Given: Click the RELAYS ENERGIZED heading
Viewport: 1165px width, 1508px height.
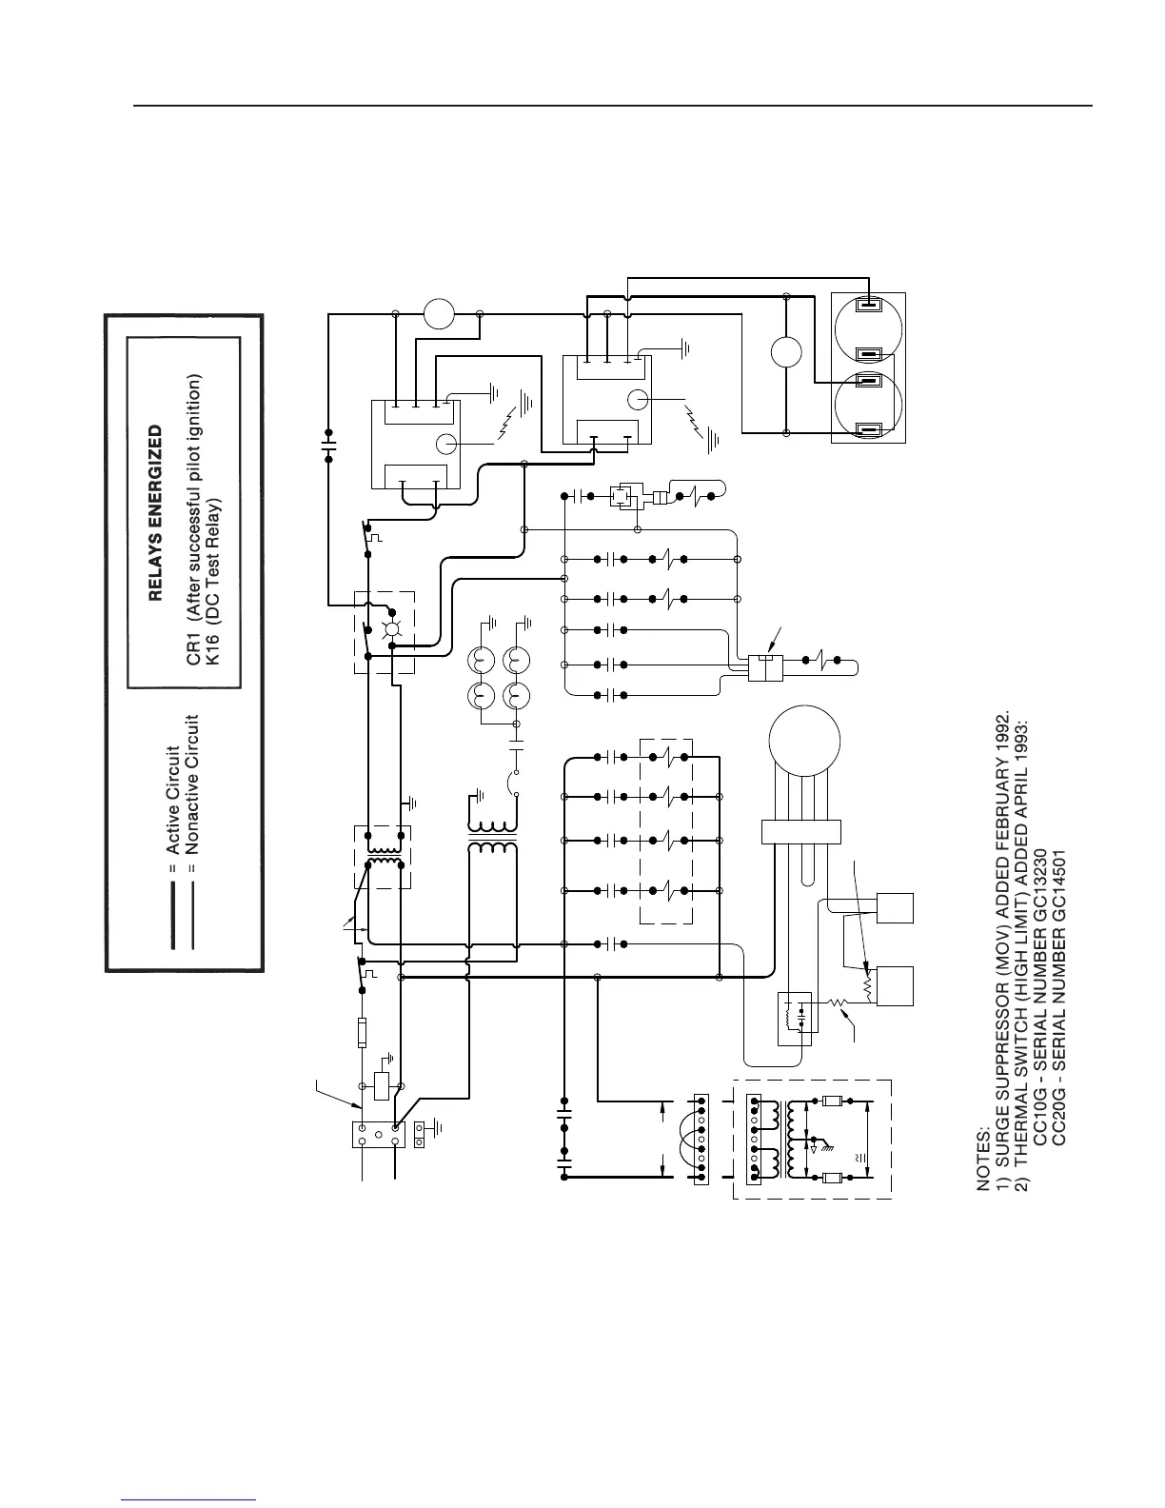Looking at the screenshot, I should (156, 513).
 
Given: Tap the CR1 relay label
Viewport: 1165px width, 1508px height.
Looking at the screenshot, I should (193, 649).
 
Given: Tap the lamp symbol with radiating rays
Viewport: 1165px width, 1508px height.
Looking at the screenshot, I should (387, 630).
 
